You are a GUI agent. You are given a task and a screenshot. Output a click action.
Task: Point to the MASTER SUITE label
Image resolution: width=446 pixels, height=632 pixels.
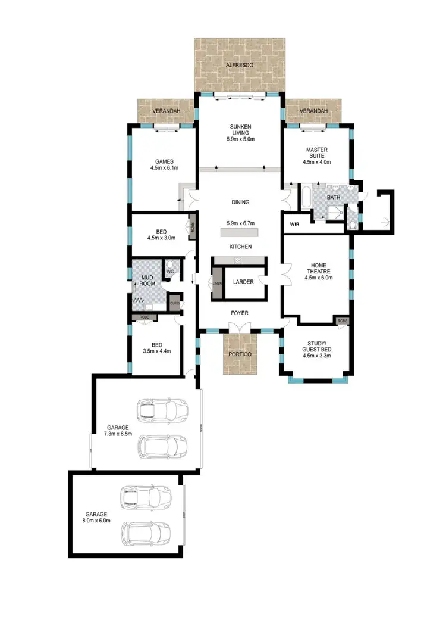click(x=318, y=153)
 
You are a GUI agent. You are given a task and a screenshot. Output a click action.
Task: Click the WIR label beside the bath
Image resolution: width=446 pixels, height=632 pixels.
click(x=294, y=224)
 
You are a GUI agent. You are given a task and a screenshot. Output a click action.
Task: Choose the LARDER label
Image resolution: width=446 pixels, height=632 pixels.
click(x=244, y=282)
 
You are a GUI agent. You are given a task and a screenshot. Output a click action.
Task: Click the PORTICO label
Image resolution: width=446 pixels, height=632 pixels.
click(x=240, y=354)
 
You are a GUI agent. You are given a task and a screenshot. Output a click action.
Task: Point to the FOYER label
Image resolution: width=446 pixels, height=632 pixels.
click(x=240, y=313)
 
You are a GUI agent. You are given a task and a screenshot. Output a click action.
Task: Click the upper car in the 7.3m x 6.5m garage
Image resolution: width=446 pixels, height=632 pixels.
click(x=162, y=409)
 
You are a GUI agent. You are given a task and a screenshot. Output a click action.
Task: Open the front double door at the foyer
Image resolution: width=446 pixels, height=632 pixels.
click(x=240, y=328)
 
